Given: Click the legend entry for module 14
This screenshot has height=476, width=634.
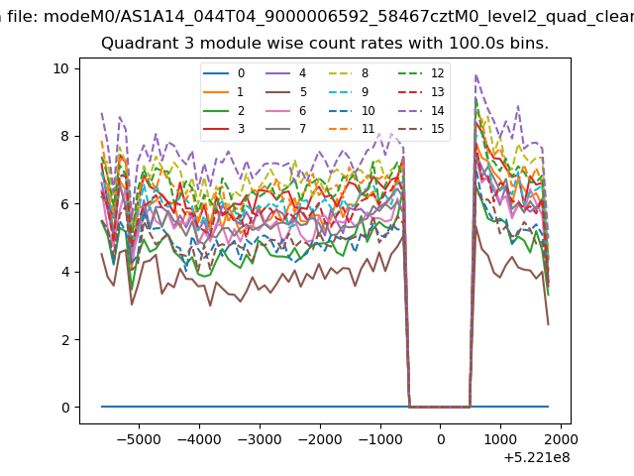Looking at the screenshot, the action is (422, 110).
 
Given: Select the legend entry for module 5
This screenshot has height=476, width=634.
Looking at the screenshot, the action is (286, 92).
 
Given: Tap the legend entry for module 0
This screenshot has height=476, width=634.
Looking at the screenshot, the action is (224, 73).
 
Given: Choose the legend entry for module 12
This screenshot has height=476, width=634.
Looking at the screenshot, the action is (422, 73).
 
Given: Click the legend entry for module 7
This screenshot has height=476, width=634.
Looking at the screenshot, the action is (286, 129).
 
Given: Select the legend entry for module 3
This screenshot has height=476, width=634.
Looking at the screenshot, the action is (224, 129).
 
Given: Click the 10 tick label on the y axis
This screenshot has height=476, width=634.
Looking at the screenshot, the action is (61, 68).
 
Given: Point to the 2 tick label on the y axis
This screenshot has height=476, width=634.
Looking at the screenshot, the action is (65, 340).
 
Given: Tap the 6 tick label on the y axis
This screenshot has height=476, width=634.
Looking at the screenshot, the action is (65, 204).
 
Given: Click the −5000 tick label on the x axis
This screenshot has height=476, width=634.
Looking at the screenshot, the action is (139, 439).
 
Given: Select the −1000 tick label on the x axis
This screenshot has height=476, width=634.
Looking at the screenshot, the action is (380, 439).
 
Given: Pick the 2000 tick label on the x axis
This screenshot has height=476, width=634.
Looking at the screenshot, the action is (561, 439).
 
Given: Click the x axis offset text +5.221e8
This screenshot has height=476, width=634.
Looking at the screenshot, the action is (537, 458).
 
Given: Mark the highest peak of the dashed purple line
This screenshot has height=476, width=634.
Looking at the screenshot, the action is (476, 75).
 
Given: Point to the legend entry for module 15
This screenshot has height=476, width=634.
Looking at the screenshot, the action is (422, 129).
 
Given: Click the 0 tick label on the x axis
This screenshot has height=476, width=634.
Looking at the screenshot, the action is (441, 439).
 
